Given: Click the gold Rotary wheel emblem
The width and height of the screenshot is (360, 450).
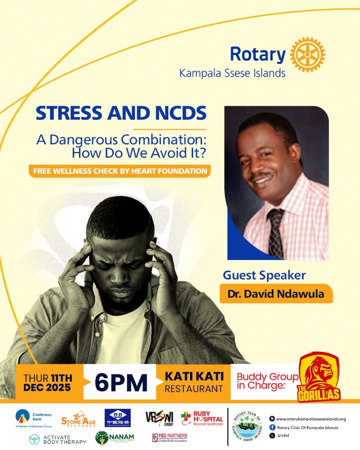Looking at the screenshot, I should tap(307, 55).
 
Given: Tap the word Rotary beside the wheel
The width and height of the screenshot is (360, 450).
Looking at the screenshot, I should tap(257, 55).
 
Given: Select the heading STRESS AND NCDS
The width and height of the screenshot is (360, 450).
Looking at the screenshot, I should tap(121, 114).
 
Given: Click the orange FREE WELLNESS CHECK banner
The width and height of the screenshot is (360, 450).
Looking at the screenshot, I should tap(120, 171).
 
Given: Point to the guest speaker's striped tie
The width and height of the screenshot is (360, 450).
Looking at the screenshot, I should tap(275, 233).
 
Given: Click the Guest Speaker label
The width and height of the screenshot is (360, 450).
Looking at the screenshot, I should tap(264, 275).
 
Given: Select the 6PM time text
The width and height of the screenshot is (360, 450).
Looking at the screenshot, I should tap(121, 382).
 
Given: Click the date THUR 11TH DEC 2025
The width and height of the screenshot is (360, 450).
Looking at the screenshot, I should tap(47, 382).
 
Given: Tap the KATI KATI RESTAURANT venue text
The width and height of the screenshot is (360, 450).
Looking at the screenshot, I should tap(194, 382).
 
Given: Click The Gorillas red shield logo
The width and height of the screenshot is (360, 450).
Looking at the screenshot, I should tap(320, 377).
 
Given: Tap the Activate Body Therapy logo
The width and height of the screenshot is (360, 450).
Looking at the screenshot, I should tap(58, 439).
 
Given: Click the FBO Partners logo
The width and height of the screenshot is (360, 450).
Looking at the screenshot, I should tap(170, 437).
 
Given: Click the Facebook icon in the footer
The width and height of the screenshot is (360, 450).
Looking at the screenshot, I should tap(272, 427).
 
